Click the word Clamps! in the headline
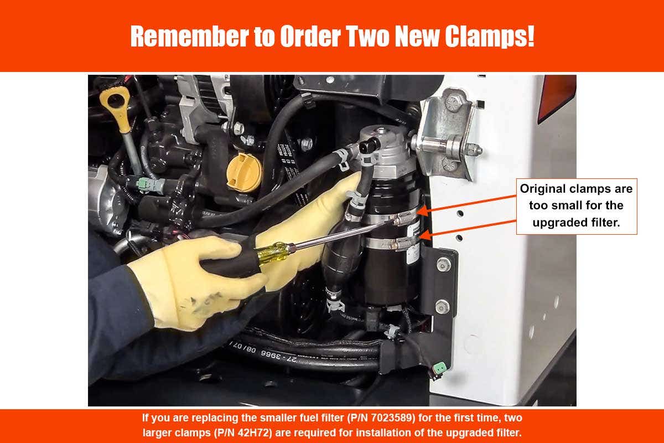click(490, 36)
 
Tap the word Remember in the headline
click(189, 36)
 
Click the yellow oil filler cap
click(245, 173)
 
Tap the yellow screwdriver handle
click(272, 251)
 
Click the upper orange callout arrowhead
click(423, 211)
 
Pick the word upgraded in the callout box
click(558, 223)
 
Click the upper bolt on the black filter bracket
click(442, 265)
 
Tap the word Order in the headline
click(310, 36)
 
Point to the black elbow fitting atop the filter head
click(370, 145)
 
